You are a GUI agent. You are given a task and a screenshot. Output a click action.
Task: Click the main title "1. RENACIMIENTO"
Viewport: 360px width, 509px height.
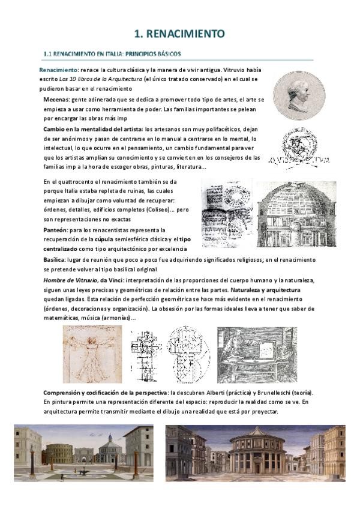pyautogui.click(x=179, y=34)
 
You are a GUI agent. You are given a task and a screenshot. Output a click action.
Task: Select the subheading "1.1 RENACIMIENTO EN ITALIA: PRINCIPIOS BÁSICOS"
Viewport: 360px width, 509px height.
pyautogui.click(x=113, y=54)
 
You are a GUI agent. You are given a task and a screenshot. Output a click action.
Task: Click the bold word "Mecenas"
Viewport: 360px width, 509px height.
pyautogui.click(x=56, y=99)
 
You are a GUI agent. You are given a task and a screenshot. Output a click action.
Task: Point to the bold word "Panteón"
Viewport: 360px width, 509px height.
pyautogui.click(x=56, y=230)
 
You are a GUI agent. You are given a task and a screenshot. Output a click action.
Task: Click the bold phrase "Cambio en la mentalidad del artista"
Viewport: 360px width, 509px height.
pyautogui.click(x=92, y=129)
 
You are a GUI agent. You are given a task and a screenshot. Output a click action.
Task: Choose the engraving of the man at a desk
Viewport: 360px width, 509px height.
pyautogui.click(x=256, y=354)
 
